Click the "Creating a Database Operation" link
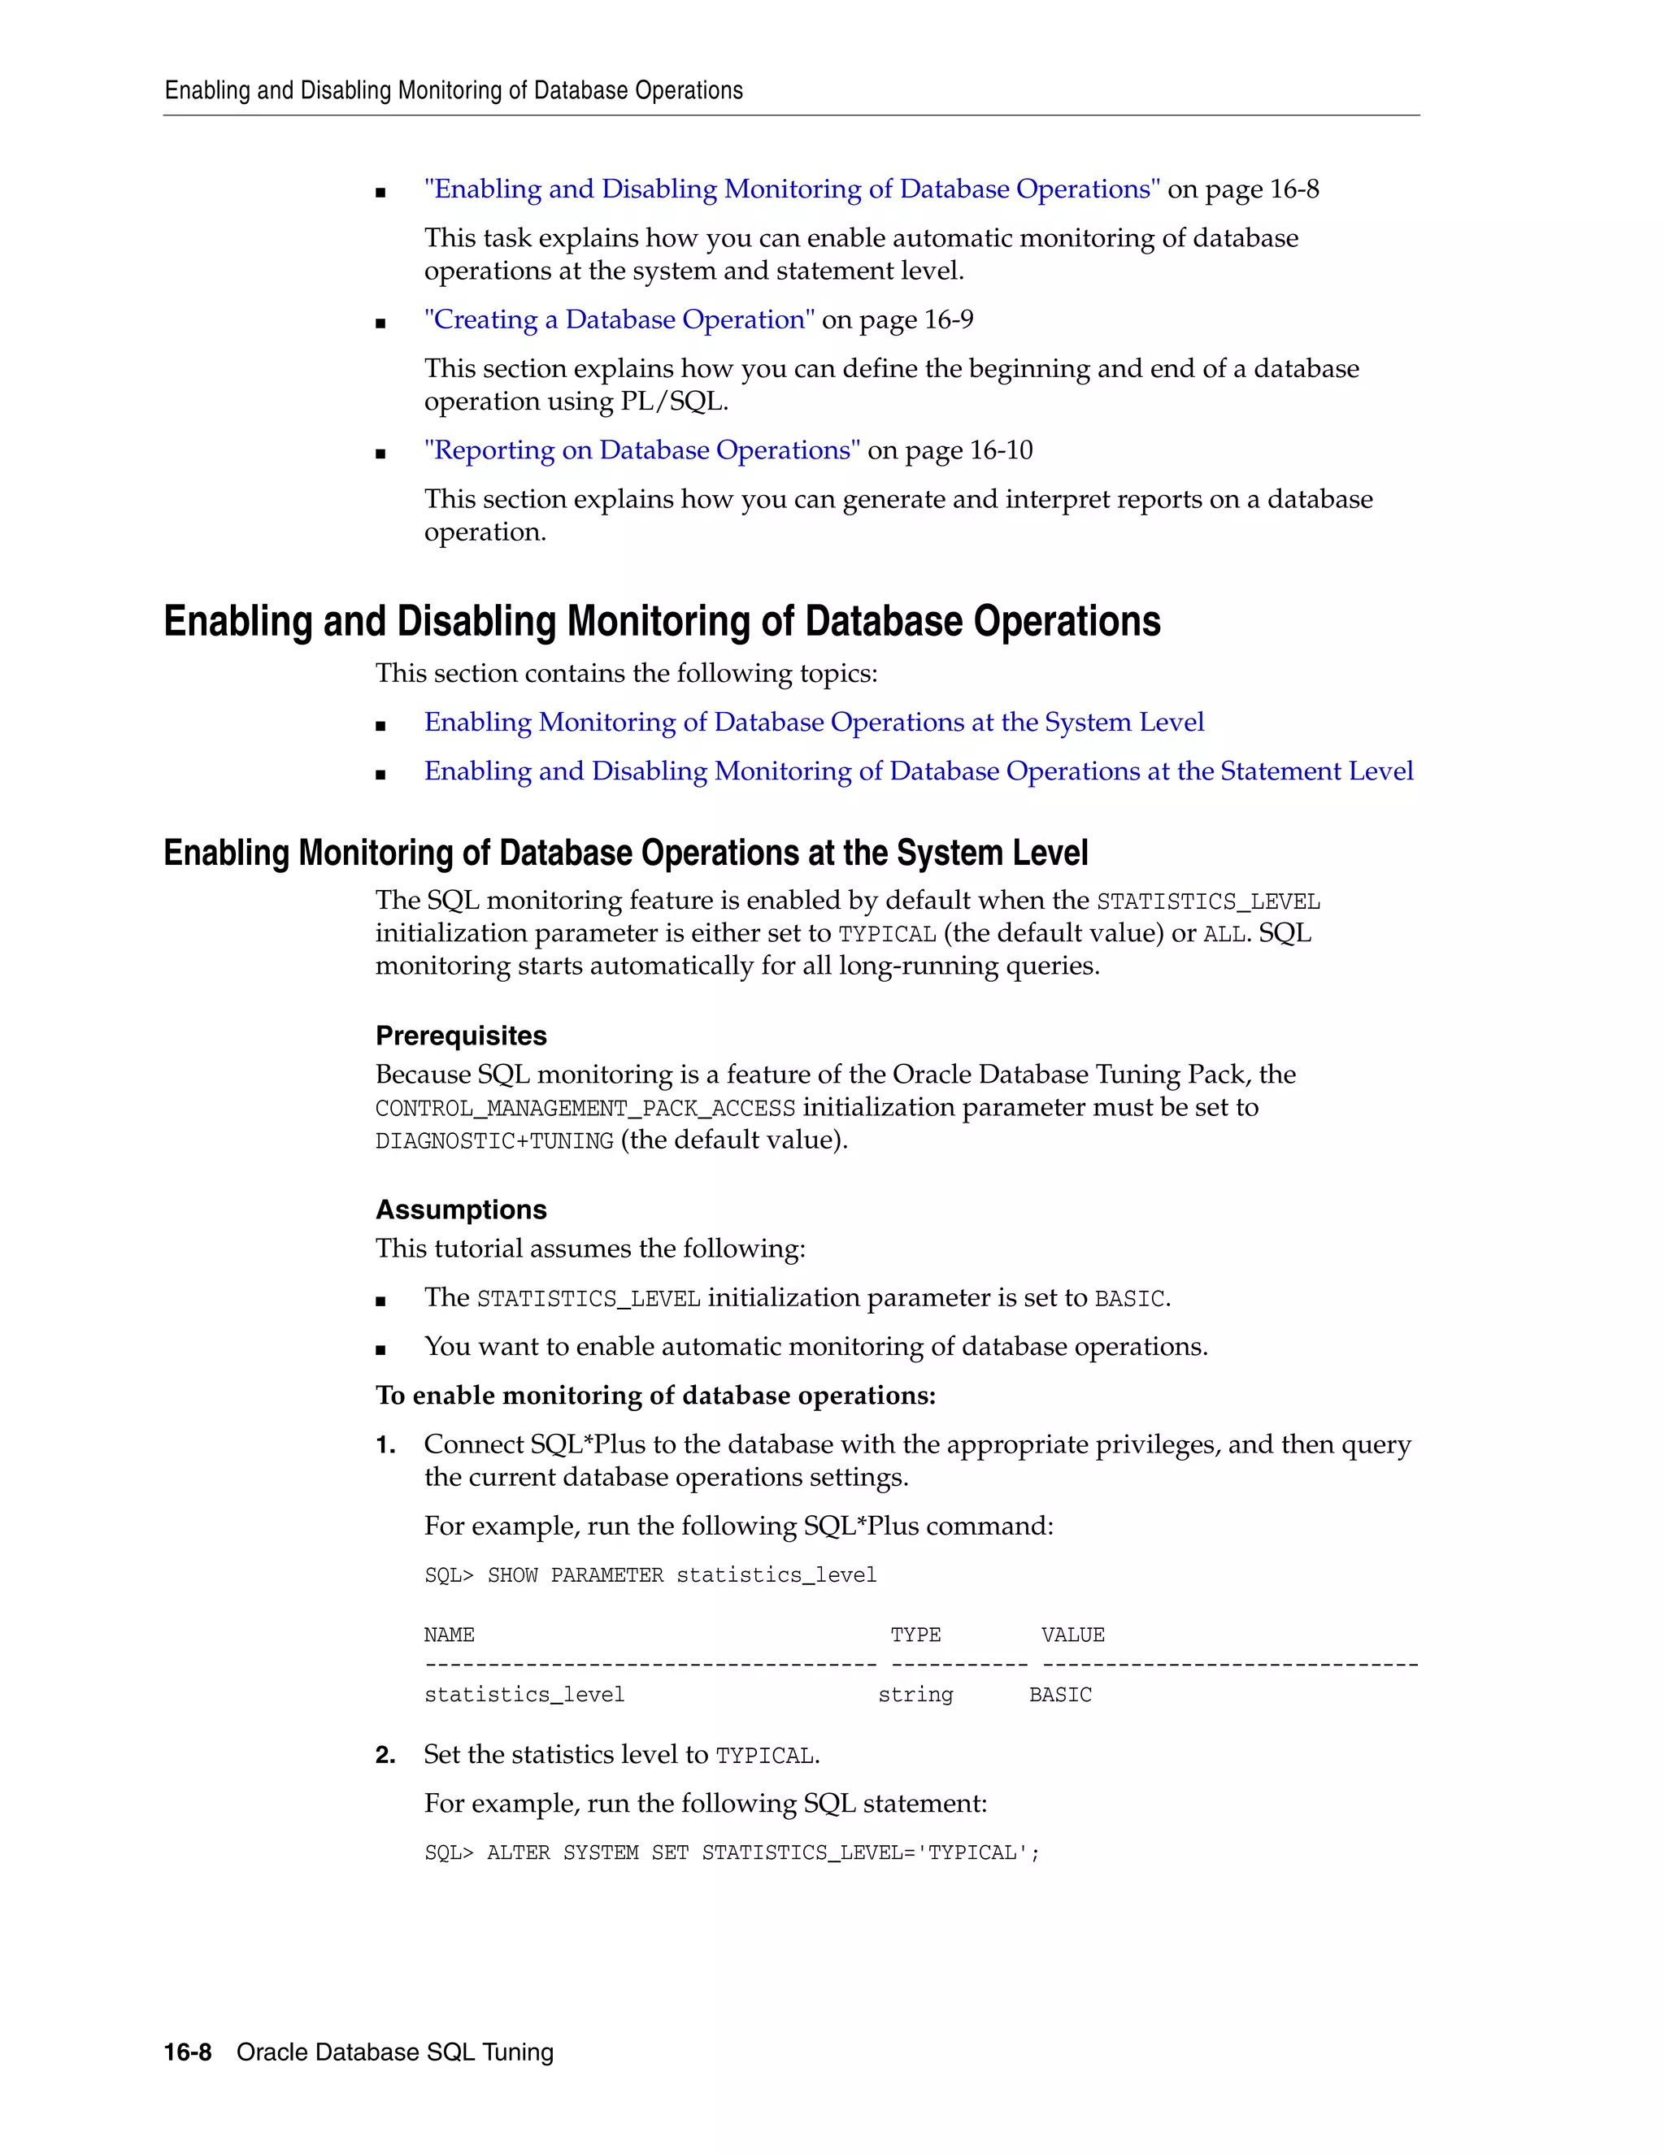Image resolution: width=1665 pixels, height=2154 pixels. (619, 319)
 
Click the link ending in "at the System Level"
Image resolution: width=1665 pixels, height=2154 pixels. (814, 722)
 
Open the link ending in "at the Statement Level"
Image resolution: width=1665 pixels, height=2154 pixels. (917, 771)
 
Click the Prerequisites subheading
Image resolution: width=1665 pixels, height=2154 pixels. (461, 1036)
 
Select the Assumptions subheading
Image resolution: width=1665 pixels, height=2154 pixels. (461, 1209)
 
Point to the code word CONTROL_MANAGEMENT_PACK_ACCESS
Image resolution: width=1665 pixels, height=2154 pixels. (585, 1109)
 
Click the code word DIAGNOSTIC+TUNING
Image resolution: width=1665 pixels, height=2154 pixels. (494, 1141)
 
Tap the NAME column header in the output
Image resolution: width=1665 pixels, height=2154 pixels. (449, 1635)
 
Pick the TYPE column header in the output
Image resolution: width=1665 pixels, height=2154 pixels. (915, 1635)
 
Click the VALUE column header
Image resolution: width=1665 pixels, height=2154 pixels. (1072, 1635)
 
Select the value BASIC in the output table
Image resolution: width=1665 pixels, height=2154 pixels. (1059, 1696)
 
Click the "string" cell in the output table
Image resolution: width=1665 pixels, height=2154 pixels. (915, 1696)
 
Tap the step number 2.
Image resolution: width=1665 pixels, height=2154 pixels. (385, 1756)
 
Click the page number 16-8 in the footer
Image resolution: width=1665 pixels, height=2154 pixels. (188, 2052)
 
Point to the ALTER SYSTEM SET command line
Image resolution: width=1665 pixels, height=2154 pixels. (732, 1853)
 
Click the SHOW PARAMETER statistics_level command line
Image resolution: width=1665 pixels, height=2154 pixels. (650, 1576)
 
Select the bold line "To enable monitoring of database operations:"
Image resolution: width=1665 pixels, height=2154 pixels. (655, 1396)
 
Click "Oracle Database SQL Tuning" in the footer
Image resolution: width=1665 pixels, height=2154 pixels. (394, 2052)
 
